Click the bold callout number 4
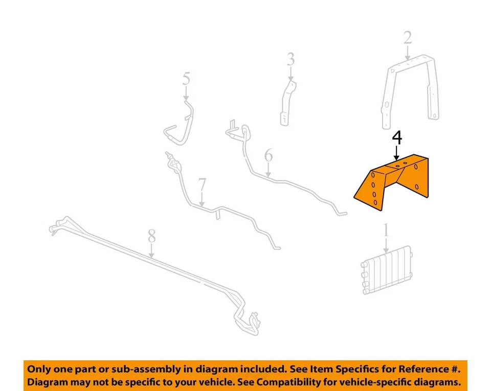click(x=397, y=138)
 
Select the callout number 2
click(x=407, y=38)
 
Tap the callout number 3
click(x=291, y=59)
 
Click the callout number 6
click(x=269, y=155)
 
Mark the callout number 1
click(x=386, y=231)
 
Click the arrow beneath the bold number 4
click(x=397, y=153)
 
